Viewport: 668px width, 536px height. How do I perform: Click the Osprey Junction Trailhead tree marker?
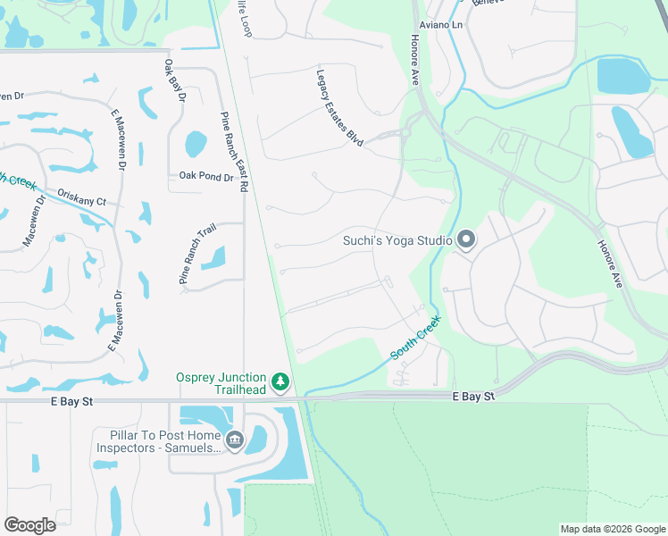(281, 383)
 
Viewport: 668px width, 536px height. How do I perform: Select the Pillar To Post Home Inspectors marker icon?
(235, 440)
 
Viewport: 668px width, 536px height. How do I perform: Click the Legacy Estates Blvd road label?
(340, 108)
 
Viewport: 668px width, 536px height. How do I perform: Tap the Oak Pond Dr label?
(205, 177)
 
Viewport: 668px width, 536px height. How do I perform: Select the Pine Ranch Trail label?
(197, 255)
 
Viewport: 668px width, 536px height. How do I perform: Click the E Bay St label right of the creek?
(473, 395)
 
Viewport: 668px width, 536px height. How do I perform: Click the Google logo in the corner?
(29, 525)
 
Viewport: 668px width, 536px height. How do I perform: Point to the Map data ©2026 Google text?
(612, 529)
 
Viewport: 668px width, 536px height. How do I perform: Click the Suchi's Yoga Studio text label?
(398, 239)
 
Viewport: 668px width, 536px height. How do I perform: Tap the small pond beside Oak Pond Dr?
(196, 143)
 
